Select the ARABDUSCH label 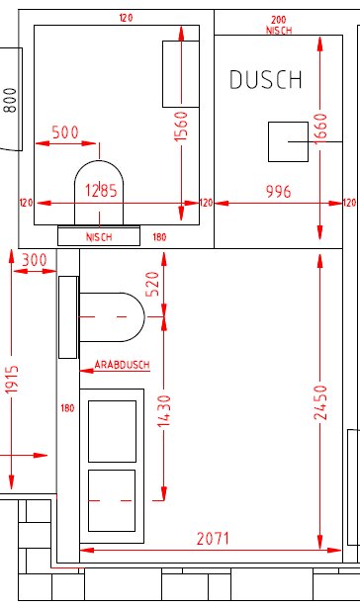coord(123,365)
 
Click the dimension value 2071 coord(212,539)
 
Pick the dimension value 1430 coord(165,418)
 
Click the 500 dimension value coord(65,132)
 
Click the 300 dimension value coord(33,259)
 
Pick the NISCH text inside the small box coord(99,237)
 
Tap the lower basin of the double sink coord(111,500)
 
